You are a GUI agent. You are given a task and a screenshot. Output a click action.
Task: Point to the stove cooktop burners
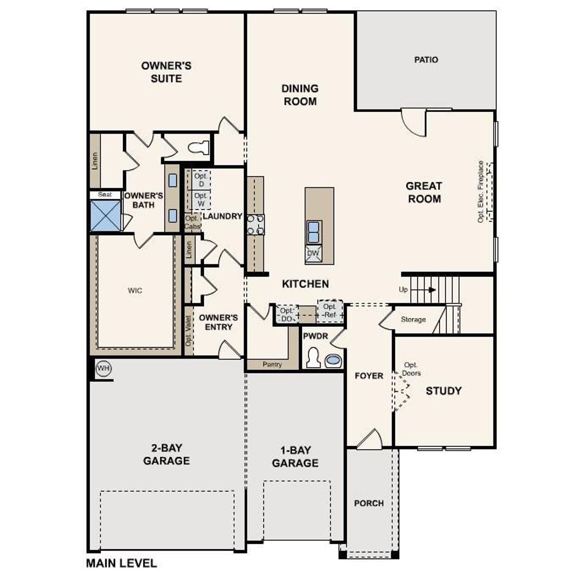255,225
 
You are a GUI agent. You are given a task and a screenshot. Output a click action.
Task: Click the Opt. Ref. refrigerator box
330,311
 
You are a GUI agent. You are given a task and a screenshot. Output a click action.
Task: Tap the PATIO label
426,60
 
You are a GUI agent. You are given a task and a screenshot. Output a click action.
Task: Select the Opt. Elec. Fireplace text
480,192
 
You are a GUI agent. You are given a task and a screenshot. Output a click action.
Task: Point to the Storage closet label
413,320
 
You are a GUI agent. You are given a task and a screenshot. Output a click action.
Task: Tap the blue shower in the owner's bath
105,216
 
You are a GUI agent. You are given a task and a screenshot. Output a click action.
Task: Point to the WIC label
135,290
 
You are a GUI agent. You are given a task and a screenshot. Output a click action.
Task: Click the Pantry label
272,364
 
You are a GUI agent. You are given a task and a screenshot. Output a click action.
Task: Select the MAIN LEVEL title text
121,563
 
